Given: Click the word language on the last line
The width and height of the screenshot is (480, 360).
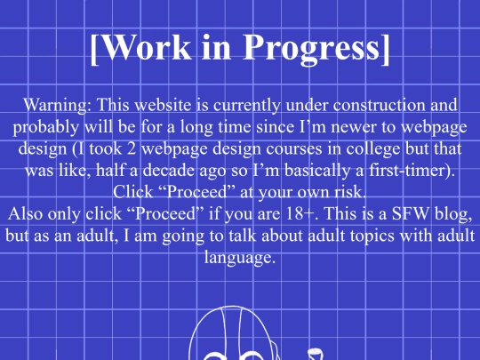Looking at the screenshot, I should pyautogui.click(x=239, y=257).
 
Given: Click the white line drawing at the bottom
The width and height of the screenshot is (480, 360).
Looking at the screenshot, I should pyautogui.click(x=240, y=333).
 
